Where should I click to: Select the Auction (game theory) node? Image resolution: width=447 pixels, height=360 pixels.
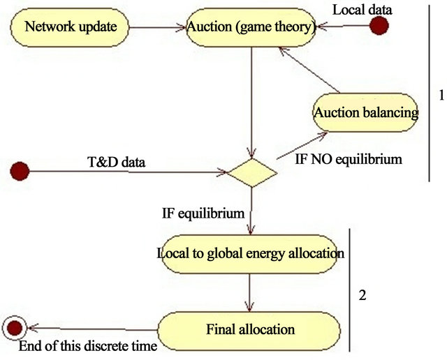pos(249,28)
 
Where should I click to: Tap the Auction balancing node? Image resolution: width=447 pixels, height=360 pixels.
pos(365,112)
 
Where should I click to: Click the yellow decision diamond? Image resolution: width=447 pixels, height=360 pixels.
pos(249,171)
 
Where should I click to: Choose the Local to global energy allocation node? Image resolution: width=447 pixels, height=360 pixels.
pos(249,253)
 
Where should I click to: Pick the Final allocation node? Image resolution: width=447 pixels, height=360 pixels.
pos(249,329)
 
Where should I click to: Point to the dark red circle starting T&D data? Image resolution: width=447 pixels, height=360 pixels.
pos(20,170)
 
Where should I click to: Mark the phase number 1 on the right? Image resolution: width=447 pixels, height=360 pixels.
pos(440,95)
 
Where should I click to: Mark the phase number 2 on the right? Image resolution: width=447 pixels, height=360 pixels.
pos(362,295)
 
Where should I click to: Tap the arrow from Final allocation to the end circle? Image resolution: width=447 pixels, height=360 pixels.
pos(91,329)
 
